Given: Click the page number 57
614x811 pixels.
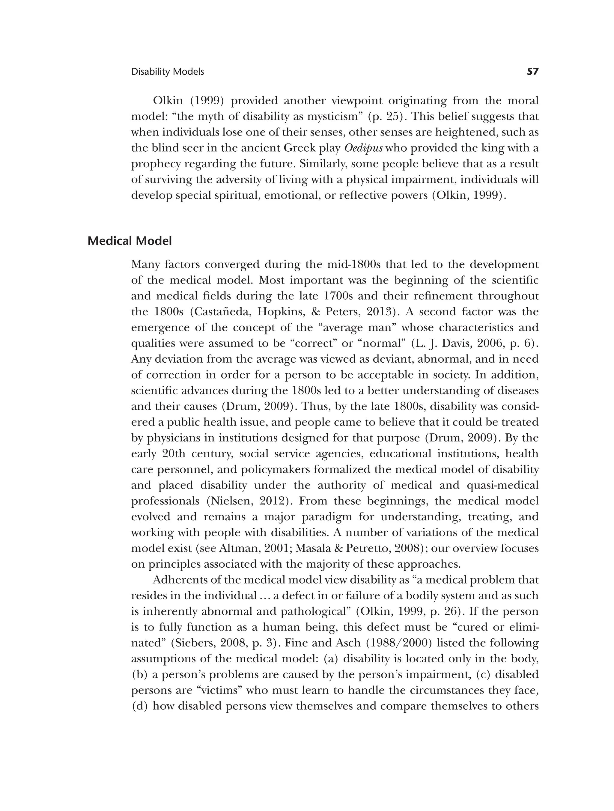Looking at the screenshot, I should (532, 72).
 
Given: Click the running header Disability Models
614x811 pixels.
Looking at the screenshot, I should (167, 72).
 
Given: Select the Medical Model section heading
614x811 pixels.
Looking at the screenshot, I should (130, 241).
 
